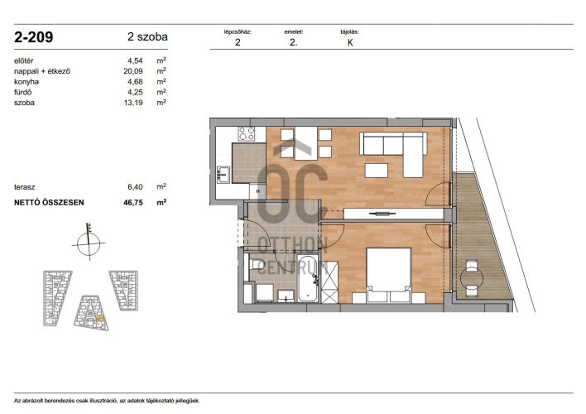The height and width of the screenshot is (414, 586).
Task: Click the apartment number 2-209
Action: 34,37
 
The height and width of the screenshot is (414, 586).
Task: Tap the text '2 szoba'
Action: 147,36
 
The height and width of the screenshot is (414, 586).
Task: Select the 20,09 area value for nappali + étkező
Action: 133,71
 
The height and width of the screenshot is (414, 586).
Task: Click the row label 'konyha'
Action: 26,81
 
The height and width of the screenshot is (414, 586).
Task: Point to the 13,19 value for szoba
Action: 133,103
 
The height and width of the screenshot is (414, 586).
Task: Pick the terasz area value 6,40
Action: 135,187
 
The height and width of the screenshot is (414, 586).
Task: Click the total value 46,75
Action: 133,202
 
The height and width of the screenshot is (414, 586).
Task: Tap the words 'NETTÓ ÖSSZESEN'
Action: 49,202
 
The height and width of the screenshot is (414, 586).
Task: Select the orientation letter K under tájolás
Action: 350,42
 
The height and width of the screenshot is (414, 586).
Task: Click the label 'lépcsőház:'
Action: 238,32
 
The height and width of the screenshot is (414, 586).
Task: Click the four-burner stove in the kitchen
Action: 247,133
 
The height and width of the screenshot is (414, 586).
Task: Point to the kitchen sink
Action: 223,174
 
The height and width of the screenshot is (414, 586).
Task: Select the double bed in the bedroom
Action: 389,275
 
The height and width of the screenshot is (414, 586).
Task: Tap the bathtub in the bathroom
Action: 308,278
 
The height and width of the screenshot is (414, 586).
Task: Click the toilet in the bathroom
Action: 255,264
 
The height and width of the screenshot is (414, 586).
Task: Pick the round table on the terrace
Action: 472,278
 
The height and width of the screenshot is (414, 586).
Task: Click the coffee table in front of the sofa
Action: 377,171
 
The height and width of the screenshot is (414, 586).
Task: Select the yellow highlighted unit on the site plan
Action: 100,318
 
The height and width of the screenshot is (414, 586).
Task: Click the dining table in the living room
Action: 305,143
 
